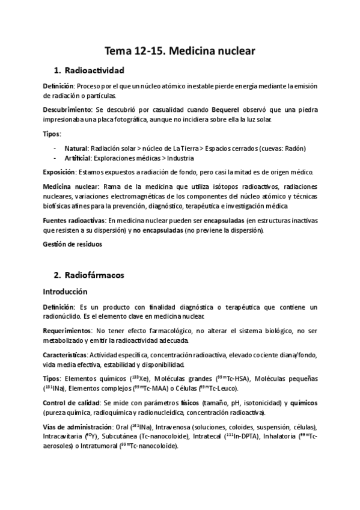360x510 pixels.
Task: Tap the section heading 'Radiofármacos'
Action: coord(97,275)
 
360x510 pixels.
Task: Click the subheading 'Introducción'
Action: coord(65,292)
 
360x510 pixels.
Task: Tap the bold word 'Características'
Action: coord(64,354)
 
